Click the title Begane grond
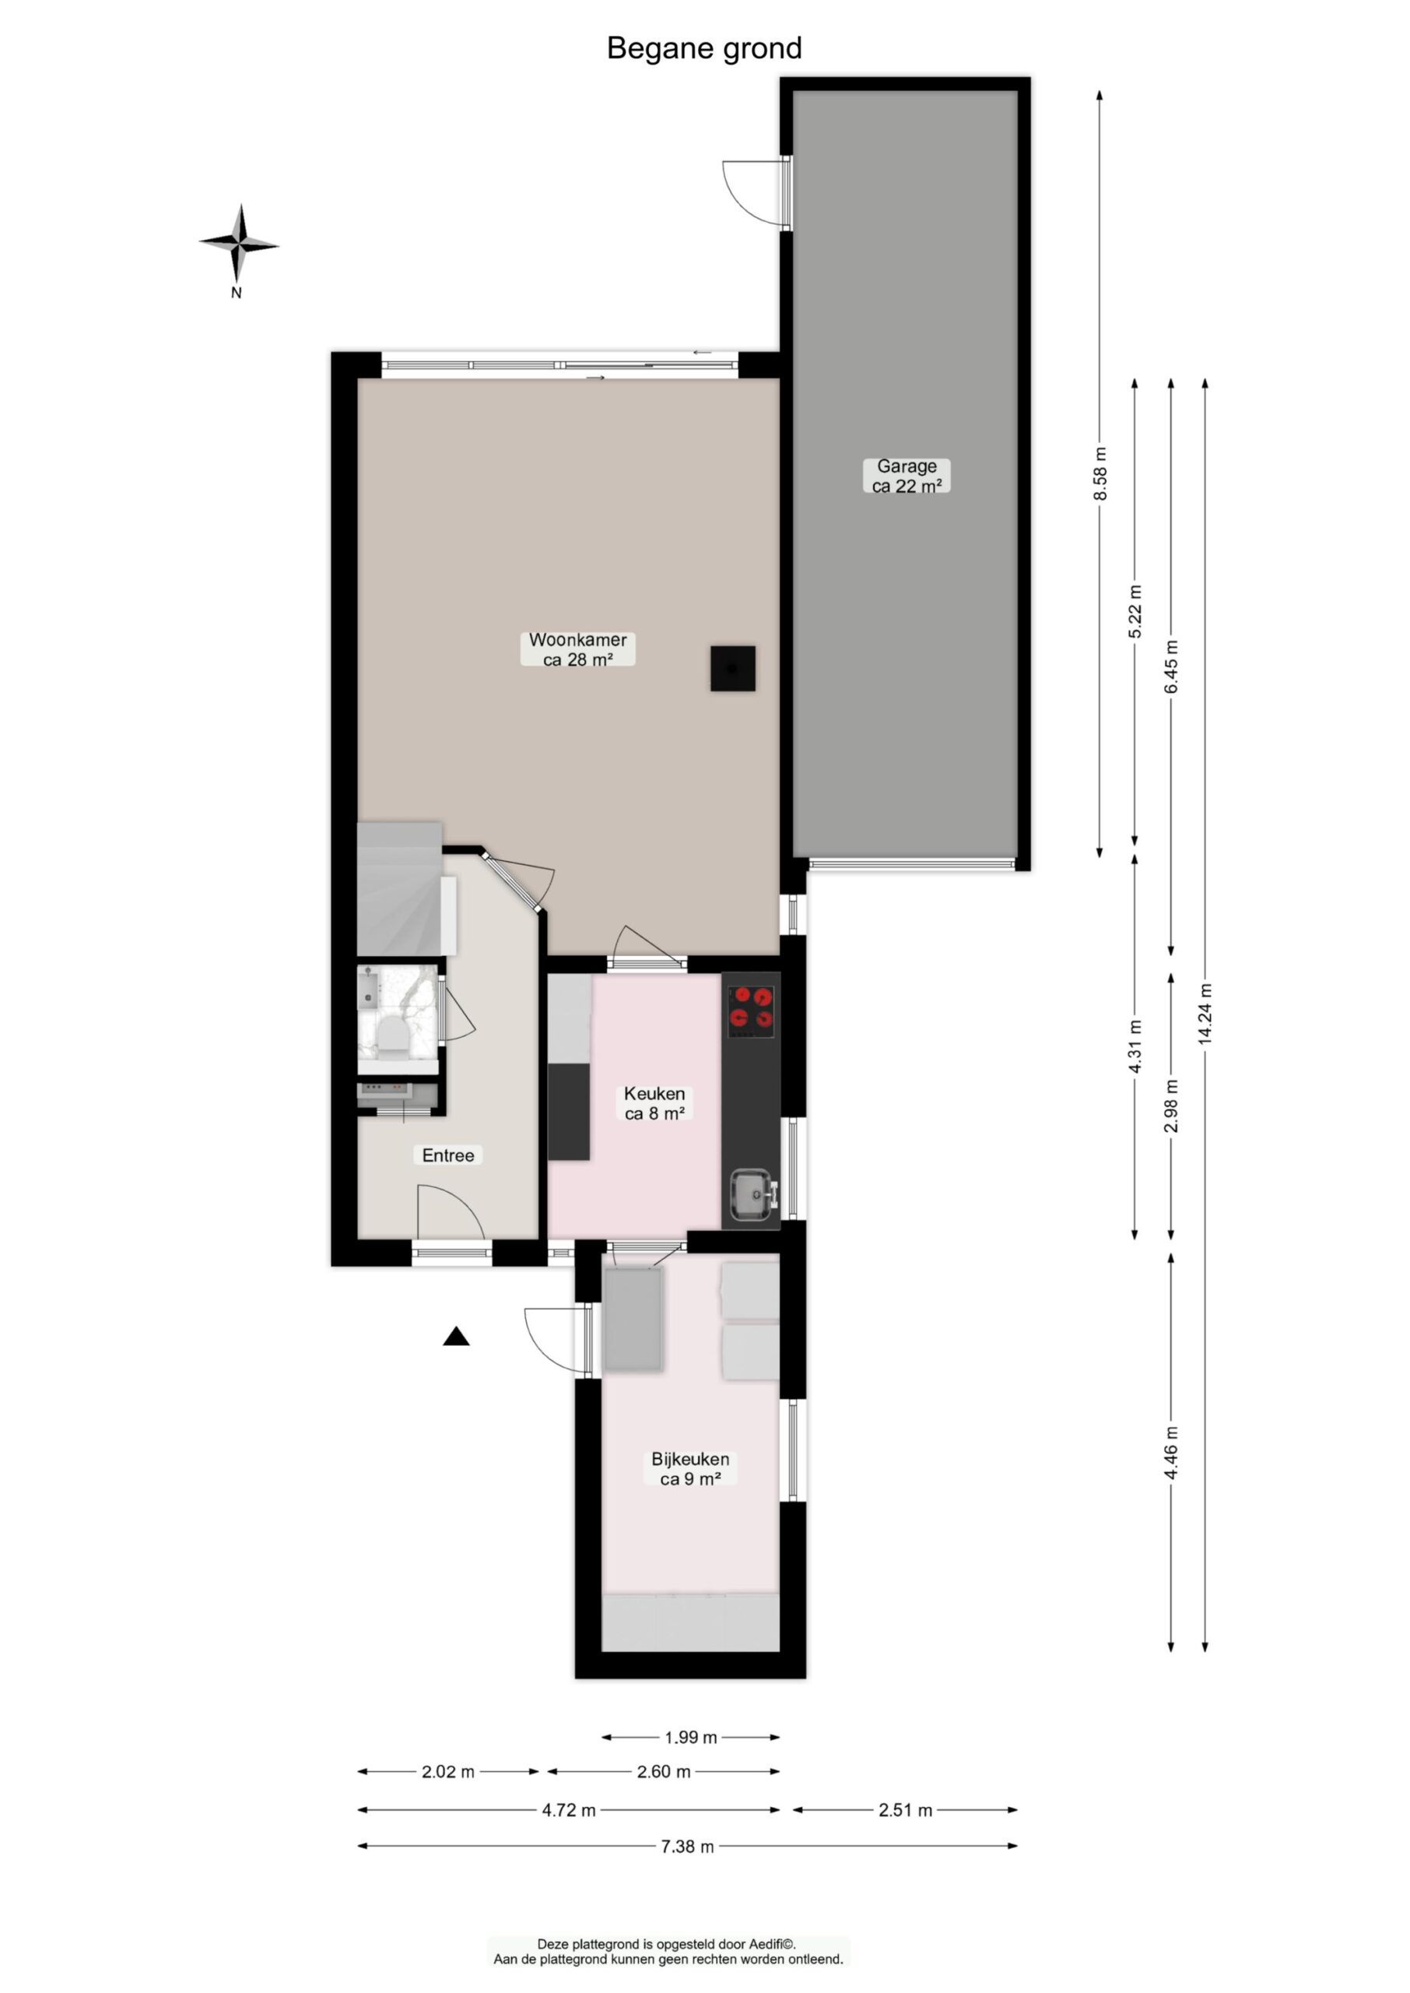[x=703, y=48]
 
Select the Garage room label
[x=907, y=476]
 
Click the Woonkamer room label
[x=577, y=649]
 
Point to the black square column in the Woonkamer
[x=732, y=669]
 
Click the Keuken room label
[x=654, y=1103]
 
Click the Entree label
[x=448, y=1155]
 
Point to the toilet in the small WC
[x=392, y=1035]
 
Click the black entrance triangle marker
[x=456, y=1337]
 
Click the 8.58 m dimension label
[x=1100, y=473]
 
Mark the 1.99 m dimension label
[x=690, y=1738]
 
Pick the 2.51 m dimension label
[x=905, y=1810]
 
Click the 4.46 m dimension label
[x=1170, y=1453]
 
